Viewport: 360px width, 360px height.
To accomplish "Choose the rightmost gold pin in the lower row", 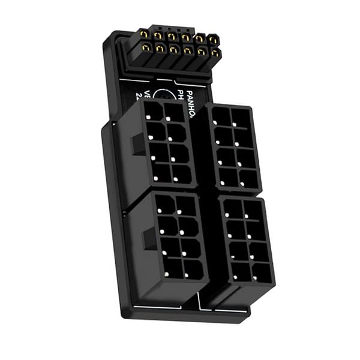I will [x=214, y=53].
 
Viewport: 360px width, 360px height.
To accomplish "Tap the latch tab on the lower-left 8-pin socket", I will [x=149, y=238].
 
